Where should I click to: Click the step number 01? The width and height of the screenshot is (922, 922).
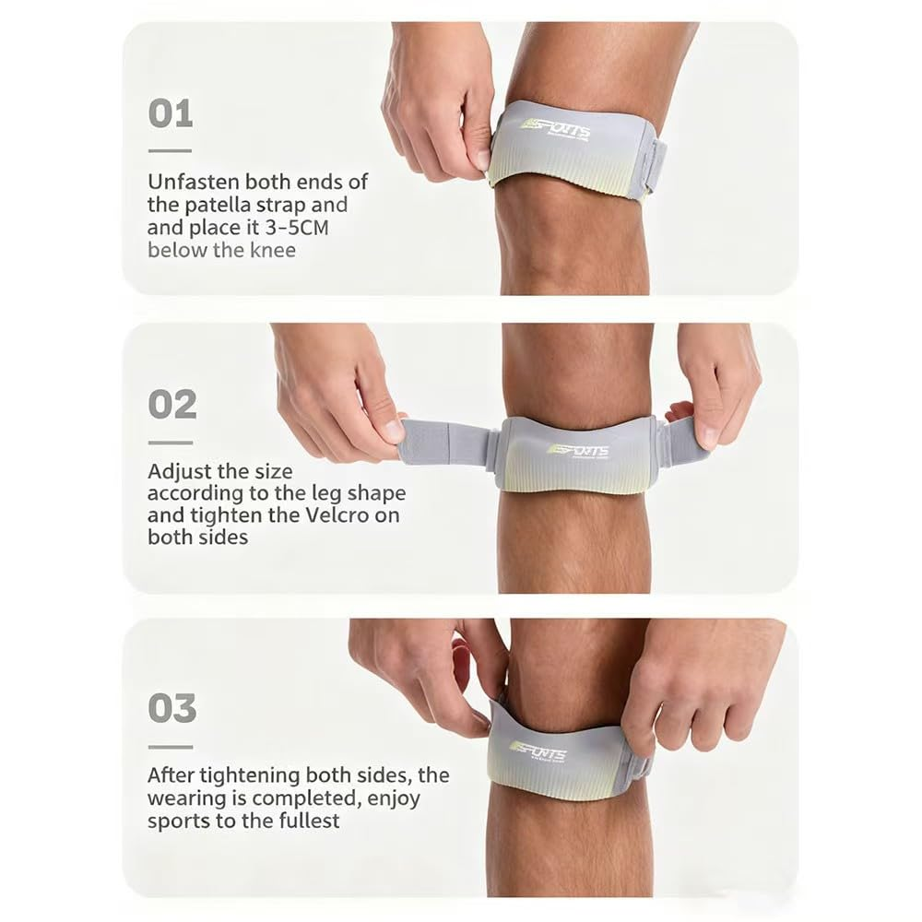(171, 114)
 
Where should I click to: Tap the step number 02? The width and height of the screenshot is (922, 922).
(172, 405)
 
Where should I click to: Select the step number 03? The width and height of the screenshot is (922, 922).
(172, 708)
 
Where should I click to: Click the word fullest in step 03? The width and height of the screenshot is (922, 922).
(305, 821)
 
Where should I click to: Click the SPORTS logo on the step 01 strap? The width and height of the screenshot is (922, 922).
(555, 128)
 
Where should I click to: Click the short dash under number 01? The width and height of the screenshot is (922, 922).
(170, 150)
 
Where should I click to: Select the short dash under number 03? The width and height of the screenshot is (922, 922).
(171, 746)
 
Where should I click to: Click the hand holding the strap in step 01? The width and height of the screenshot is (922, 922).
(433, 101)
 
